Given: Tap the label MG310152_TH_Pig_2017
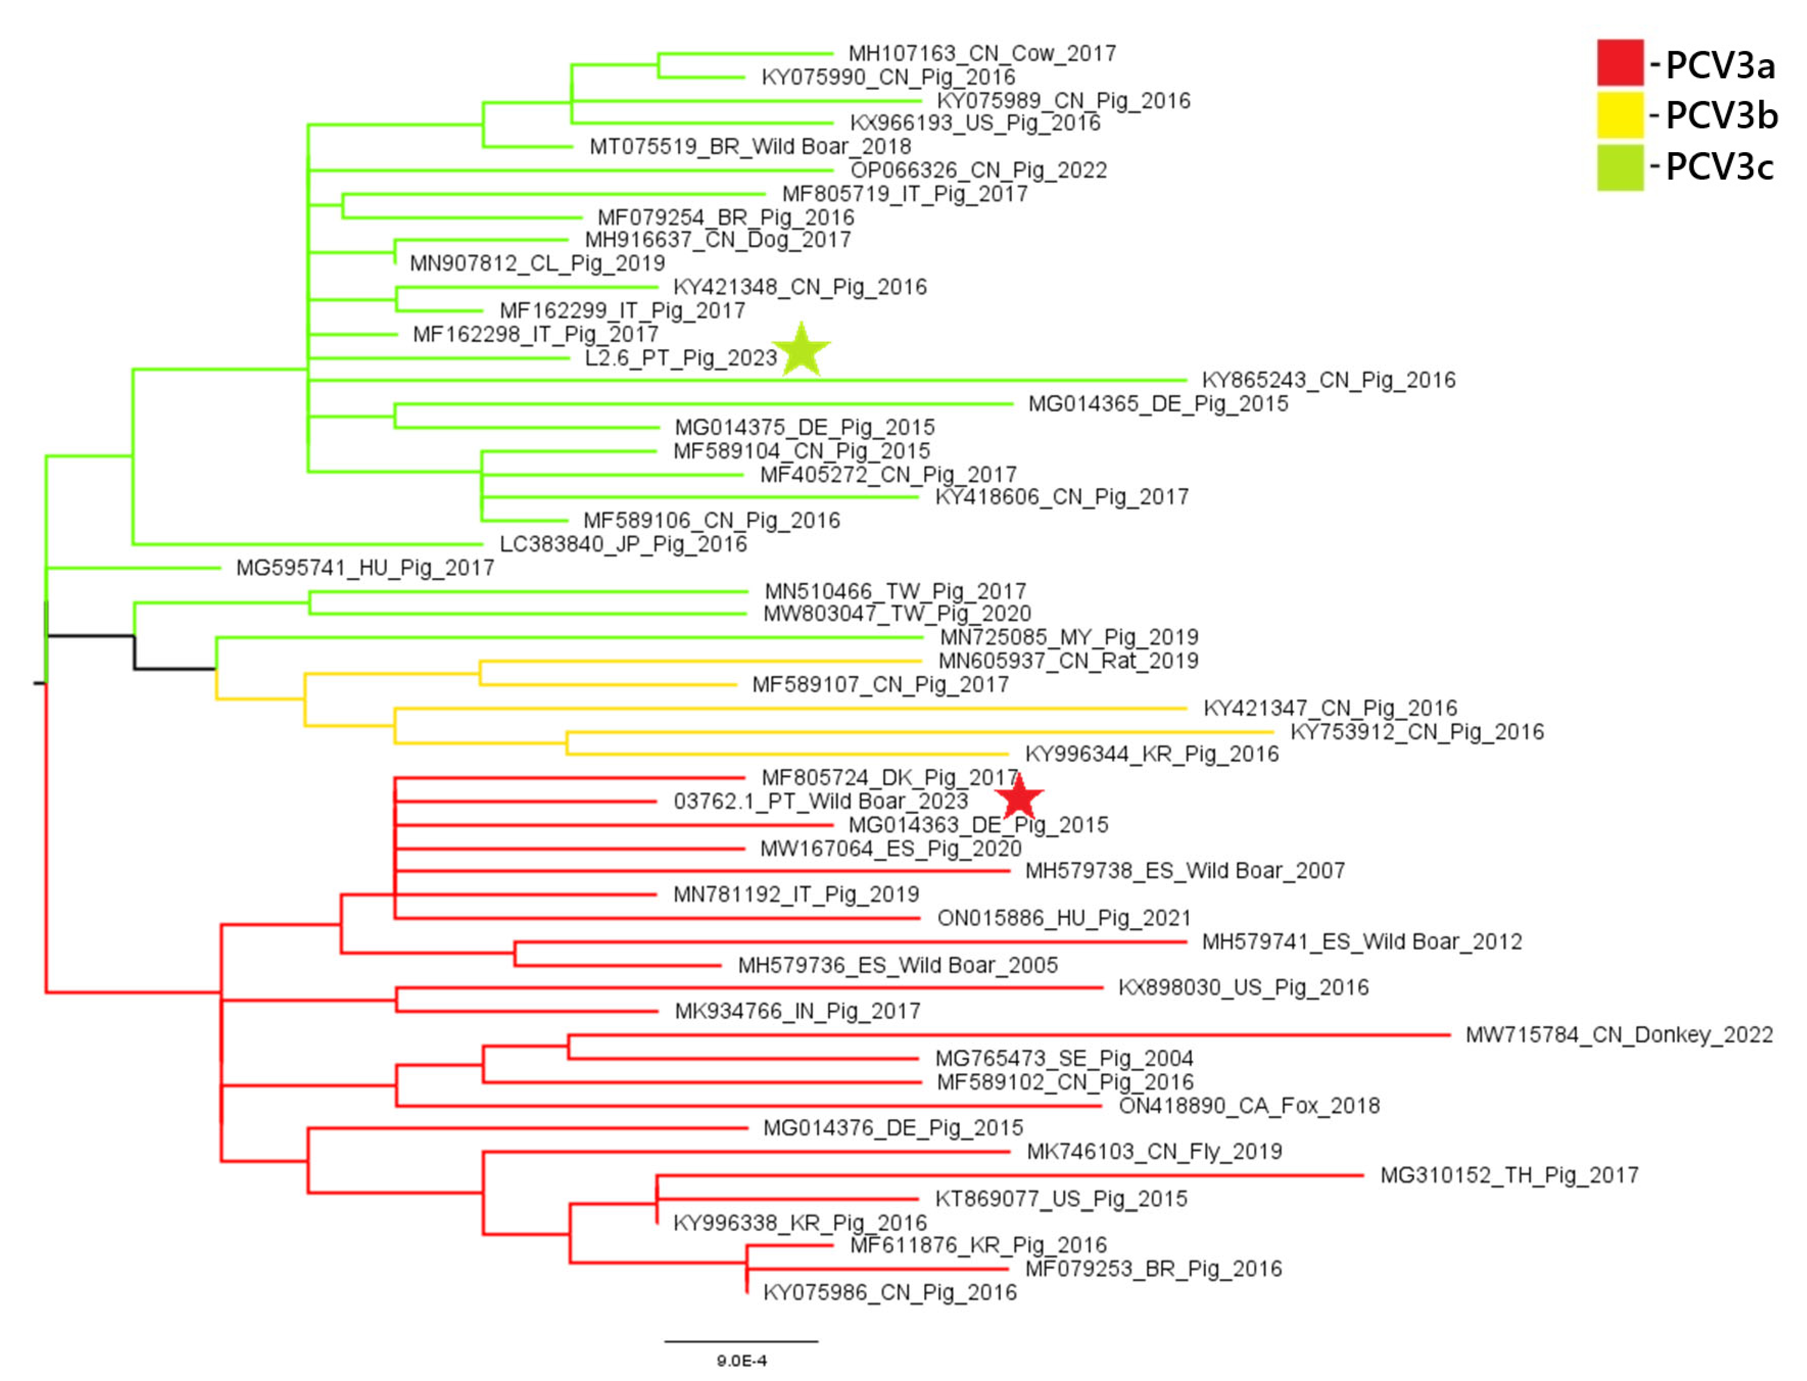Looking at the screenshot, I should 1509,1175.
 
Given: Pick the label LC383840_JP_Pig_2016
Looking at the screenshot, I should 622,544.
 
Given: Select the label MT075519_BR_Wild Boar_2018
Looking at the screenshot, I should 750,147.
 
